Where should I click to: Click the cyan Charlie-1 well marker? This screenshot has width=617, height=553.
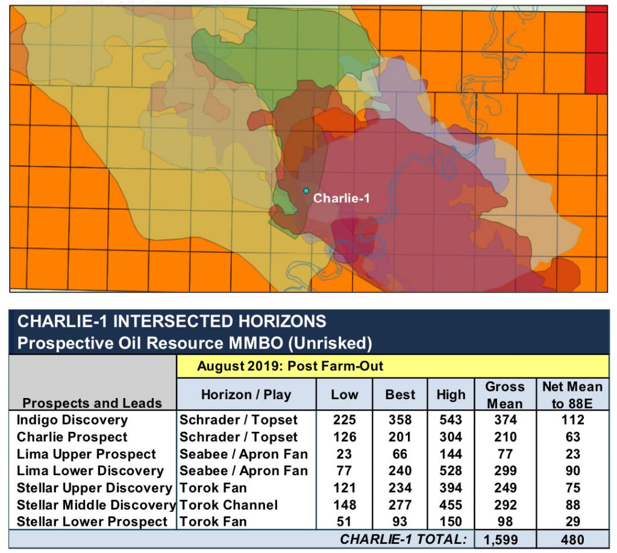[306, 191]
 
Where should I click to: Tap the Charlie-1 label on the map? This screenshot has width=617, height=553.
[341, 198]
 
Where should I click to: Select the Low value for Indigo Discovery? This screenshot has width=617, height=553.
[344, 420]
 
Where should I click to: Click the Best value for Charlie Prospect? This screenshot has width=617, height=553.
[399, 437]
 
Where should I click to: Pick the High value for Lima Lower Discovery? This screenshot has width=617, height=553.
[451, 470]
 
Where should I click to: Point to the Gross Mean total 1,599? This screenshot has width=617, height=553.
[504, 540]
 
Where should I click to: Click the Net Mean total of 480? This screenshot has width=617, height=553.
[572, 540]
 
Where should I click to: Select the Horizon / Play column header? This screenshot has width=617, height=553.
[246, 395]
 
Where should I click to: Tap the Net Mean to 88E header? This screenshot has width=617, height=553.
[572, 394]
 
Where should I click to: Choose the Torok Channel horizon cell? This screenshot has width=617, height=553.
[228, 505]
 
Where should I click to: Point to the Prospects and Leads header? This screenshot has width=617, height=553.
[92, 403]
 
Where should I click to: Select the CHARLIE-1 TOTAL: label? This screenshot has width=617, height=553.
[403, 540]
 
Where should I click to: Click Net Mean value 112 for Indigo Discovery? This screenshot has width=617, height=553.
[572, 420]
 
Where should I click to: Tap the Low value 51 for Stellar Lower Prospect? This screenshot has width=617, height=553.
[344, 522]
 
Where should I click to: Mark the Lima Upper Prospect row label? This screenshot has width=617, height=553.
[86, 454]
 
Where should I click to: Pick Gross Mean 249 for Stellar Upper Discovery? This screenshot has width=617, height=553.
[504, 488]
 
